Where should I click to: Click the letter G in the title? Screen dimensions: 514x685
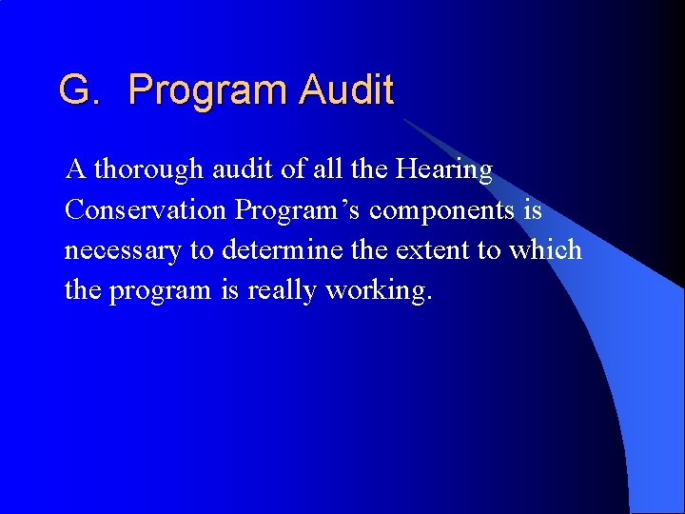click(x=75, y=90)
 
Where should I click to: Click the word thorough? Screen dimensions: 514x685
click(x=148, y=169)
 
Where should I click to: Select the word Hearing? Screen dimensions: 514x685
click(x=444, y=169)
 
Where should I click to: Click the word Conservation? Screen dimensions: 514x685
click(x=146, y=209)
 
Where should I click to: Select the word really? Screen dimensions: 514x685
click(x=283, y=290)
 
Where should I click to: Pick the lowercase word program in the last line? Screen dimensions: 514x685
click(x=158, y=291)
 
